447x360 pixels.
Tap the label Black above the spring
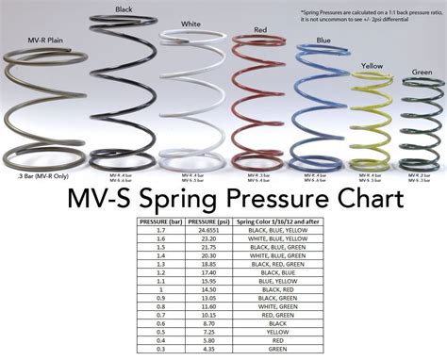point(124,9)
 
